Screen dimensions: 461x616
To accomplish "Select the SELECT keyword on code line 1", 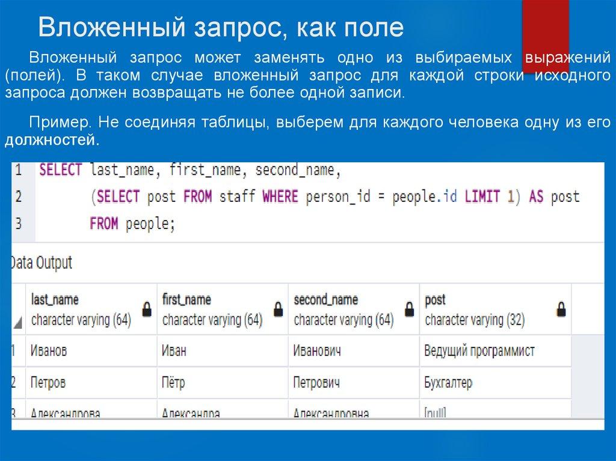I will (x=60, y=170).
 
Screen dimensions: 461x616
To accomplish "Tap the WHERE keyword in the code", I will (x=282, y=197).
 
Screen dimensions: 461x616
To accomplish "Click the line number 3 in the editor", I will (x=18, y=224).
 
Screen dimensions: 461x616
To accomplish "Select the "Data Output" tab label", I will (x=41, y=263).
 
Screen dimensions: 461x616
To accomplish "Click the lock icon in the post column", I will (x=561, y=310).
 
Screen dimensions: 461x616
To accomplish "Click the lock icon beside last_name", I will (x=146, y=310).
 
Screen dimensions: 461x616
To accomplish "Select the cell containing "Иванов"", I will (x=49, y=351).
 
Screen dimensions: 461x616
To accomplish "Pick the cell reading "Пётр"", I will (x=173, y=382).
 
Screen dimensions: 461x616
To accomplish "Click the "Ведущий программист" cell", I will (x=479, y=351).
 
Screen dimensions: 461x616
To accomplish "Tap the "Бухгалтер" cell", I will (x=448, y=382).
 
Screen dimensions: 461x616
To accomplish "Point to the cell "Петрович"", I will (x=317, y=382).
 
